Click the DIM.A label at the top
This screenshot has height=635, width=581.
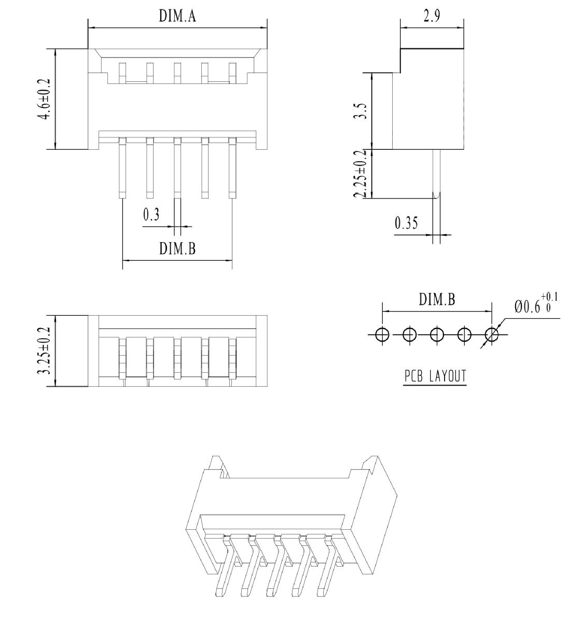[x=177, y=16]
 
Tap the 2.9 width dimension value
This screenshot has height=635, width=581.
[x=432, y=16]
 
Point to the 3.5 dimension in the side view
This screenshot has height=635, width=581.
[x=360, y=111]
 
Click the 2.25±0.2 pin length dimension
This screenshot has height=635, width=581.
[x=360, y=174]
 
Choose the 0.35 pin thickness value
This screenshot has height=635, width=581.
[x=406, y=223]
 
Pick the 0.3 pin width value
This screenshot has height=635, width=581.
[x=151, y=215]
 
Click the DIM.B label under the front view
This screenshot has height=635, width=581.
[x=177, y=248]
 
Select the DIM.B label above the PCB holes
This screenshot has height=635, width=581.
[x=437, y=300]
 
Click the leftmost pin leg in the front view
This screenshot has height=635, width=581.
[x=122, y=168]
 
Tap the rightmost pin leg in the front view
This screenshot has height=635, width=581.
[x=232, y=168]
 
